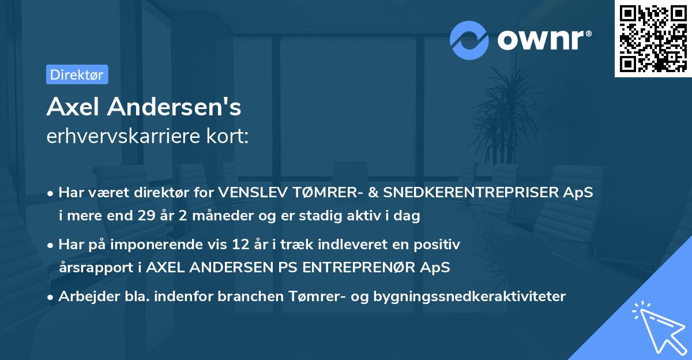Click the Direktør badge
click(77, 74)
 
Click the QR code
click(653, 38)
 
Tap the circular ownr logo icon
click(469, 40)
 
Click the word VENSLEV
click(246, 192)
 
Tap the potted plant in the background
click(507, 115)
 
